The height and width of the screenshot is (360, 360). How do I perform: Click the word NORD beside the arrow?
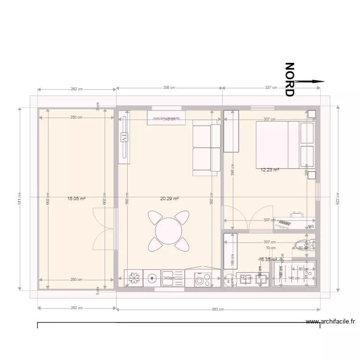click(x=289, y=79)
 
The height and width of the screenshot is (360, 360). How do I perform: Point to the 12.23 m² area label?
click(x=269, y=170)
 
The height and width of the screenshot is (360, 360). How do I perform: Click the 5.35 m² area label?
click(x=269, y=259)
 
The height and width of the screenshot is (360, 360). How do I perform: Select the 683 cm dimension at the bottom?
click(x=218, y=309)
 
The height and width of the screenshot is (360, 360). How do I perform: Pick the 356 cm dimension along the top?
click(x=169, y=88)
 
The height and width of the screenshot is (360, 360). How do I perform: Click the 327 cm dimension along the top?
click(x=271, y=88)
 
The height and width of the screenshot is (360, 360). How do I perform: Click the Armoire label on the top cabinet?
click(x=166, y=118)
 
